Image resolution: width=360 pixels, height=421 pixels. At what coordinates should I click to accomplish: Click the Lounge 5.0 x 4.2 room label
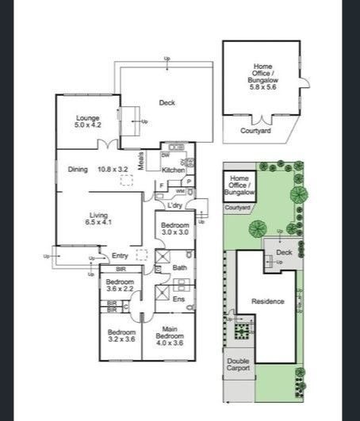coord(88,121)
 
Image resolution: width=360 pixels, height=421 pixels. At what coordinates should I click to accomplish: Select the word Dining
coord(78,169)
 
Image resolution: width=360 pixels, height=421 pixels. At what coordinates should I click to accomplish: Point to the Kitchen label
coord(173,170)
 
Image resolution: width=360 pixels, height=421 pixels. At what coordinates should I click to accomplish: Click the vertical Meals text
coord(140,161)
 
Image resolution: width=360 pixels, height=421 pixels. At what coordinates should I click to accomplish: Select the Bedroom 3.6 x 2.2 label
coord(120,285)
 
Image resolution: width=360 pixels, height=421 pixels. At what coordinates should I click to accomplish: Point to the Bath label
coord(179,269)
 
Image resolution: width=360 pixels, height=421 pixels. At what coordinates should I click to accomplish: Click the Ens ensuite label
coord(179,299)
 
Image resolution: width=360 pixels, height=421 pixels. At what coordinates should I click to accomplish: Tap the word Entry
coord(120,255)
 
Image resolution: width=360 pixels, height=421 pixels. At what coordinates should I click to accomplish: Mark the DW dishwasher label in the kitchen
coord(165,155)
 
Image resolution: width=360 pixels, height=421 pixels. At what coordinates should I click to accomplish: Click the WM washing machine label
coord(180,191)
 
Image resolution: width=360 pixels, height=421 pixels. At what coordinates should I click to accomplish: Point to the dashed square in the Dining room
coord(126,182)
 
